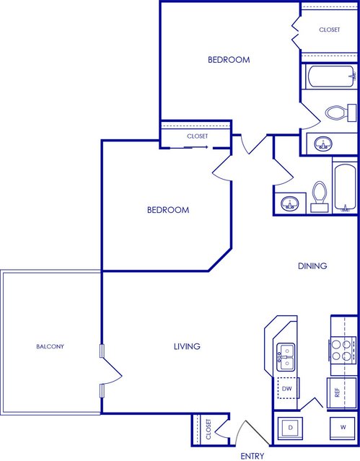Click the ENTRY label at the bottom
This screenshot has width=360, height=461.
pyautogui.click(x=252, y=456)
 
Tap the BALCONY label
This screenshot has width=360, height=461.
pyautogui.click(x=50, y=346)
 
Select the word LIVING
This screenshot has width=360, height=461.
pyautogui.click(x=187, y=346)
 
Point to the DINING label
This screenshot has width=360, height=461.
pyautogui.click(x=312, y=265)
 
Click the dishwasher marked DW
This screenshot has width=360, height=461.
pyautogui.click(x=286, y=388)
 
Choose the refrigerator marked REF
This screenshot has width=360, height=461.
pyautogui.click(x=342, y=392)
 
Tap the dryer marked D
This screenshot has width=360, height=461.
pyautogui.click(x=290, y=428)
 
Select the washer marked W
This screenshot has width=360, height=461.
pyautogui.click(x=343, y=428)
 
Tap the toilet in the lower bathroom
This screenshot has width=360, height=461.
pyautogui.click(x=320, y=197)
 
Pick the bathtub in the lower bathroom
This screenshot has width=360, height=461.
pyautogui.click(x=346, y=188)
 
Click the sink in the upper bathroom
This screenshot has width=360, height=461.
pyautogui.click(x=323, y=144)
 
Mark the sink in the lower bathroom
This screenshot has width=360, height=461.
pyautogui.click(x=290, y=203)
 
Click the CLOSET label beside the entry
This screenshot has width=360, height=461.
pyautogui.click(x=208, y=429)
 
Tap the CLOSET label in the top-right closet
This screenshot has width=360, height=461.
pyautogui.click(x=330, y=30)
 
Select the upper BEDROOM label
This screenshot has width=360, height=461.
pyautogui.click(x=229, y=60)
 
